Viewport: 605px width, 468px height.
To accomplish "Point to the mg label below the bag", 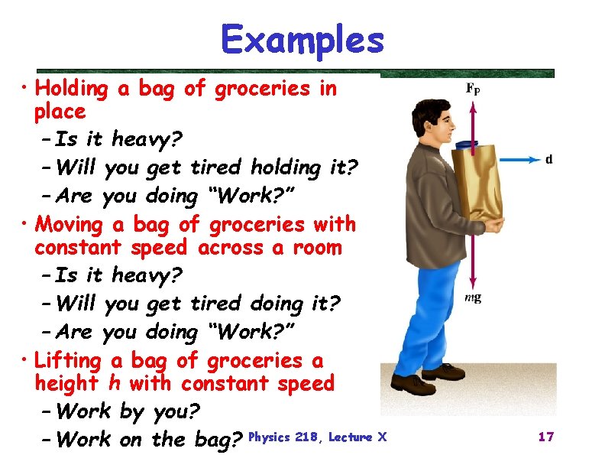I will coord(474,297).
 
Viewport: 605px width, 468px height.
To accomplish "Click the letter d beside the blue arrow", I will coord(548,159).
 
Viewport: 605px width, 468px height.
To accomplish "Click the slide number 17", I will coord(545,437).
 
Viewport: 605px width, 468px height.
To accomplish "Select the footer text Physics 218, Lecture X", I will coord(319,437).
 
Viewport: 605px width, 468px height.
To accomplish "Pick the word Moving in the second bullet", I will coord(69,225).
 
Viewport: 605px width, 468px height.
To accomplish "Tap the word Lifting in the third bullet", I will coord(68,360).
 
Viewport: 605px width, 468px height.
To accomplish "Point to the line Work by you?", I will coord(128,412).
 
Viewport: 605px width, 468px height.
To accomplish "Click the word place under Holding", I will coord(60,112).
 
